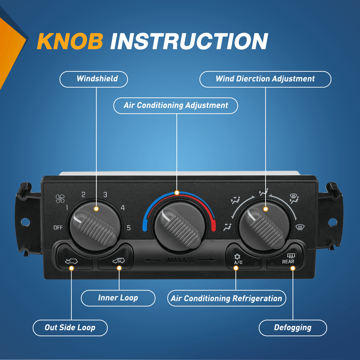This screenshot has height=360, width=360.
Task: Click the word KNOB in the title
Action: coord(70,41)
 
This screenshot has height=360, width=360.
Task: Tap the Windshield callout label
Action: coord(94,79)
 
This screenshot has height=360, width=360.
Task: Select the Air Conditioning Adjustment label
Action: coord(176,106)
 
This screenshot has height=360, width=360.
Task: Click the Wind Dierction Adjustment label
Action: coord(265,79)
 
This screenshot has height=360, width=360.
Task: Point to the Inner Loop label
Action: coord(118,298)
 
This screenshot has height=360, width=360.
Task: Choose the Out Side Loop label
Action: coord(70,328)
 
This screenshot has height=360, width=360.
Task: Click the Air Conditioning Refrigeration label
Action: coord(227,298)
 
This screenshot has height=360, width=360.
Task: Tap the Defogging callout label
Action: coord(293,328)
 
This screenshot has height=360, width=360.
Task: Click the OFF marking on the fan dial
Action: coord(58,227)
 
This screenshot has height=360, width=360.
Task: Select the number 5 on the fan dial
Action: coord(129,227)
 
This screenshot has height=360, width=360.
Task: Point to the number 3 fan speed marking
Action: coord(105,195)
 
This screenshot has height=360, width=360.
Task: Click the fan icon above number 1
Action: coord(60,199)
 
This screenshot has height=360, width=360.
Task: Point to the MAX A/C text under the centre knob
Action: coord(180,260)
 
